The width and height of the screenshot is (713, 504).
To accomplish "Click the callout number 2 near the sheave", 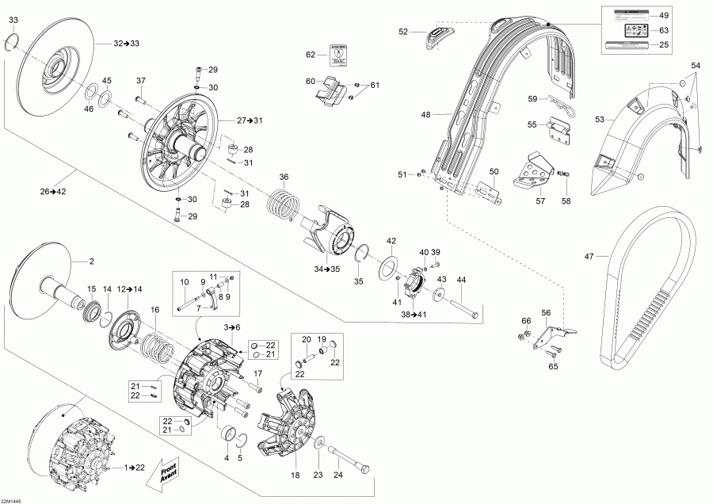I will click(91, 261).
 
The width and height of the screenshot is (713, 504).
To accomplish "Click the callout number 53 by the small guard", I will click(601, 119).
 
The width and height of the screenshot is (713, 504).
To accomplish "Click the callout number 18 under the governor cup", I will click(295, 475).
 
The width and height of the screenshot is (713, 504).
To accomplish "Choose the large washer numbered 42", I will click(390, 265).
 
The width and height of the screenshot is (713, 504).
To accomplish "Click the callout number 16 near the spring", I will click(155, 309).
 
